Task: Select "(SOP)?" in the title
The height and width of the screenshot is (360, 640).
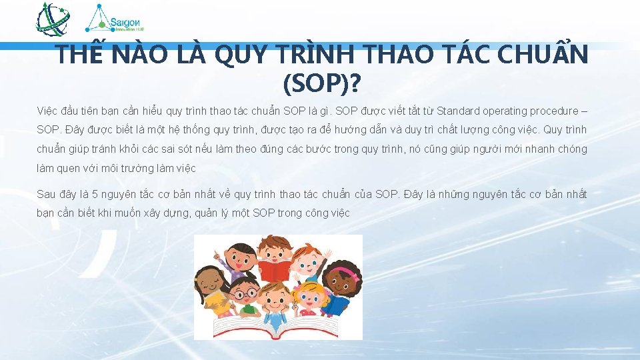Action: [321, 83]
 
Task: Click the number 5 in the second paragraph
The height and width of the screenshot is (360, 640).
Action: [95, 195]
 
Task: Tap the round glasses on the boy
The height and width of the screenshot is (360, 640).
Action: [247, 292]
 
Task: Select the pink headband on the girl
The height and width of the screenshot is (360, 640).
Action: [343, 272]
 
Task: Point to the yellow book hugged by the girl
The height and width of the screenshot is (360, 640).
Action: [215, 304]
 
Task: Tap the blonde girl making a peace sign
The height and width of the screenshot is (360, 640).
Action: [309, 297]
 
